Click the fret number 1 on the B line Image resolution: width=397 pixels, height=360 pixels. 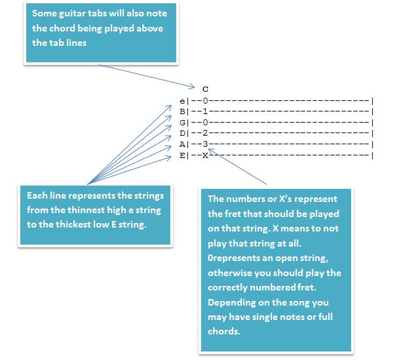click(x=205, y=112)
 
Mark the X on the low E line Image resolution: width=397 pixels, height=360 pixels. click(x=205, y=155)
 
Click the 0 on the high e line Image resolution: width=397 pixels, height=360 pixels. click(x=205, y=101)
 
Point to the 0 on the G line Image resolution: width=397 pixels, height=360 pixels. click(x=205, y=123)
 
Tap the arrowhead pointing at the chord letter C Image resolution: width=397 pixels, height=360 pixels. click(x=193, y=85)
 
